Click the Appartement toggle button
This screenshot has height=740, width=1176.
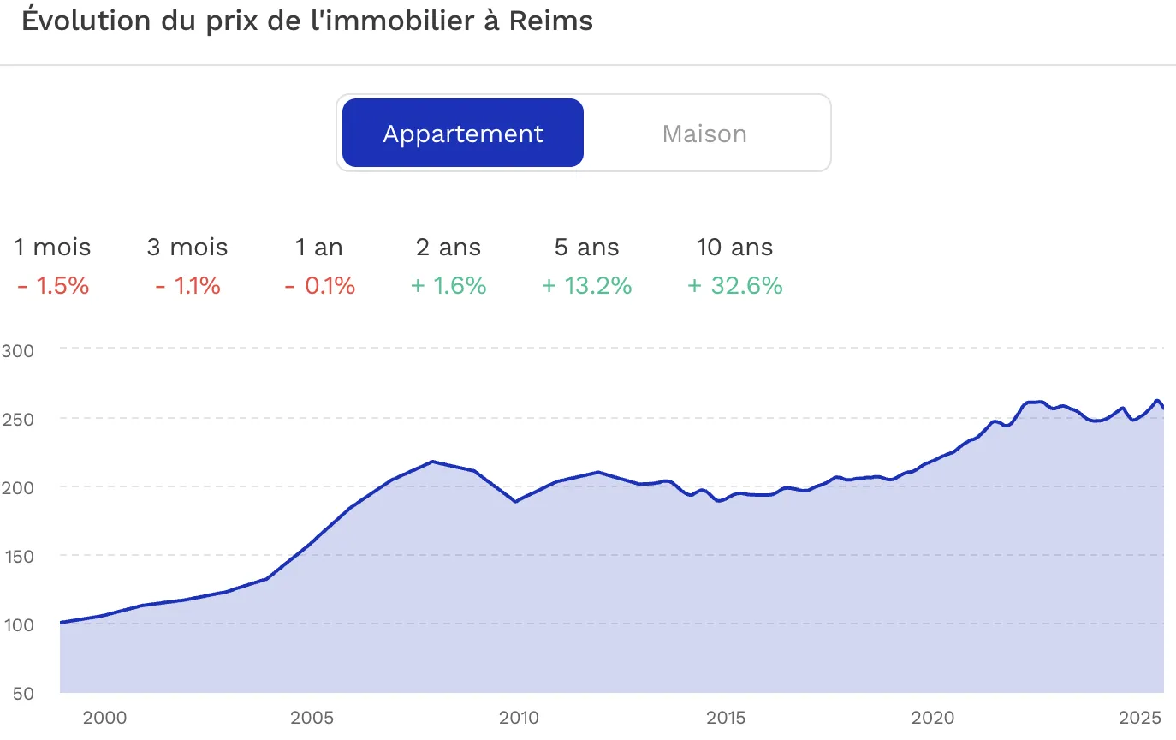coord(463,134)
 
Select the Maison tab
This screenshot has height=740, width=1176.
coord(704,134)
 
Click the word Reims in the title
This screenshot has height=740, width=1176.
coord(550,21)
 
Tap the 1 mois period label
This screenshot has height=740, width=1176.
coord(52,248)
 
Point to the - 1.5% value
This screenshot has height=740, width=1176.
coord(52,286)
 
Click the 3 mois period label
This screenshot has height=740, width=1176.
coord(187,248)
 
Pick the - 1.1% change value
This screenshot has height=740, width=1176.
coord(187,286)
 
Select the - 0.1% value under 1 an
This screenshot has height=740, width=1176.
coord(319,286)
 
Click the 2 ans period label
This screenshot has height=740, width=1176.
coord(448,248)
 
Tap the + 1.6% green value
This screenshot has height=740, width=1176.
coord(448,286)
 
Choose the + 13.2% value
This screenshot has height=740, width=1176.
coord(587,286)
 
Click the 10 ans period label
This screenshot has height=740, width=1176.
coord(734,248)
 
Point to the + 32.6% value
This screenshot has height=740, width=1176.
coord(735,286)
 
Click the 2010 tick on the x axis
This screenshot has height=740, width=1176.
coord(518,718)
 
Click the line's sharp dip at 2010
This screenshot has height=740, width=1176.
coord(516,502)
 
